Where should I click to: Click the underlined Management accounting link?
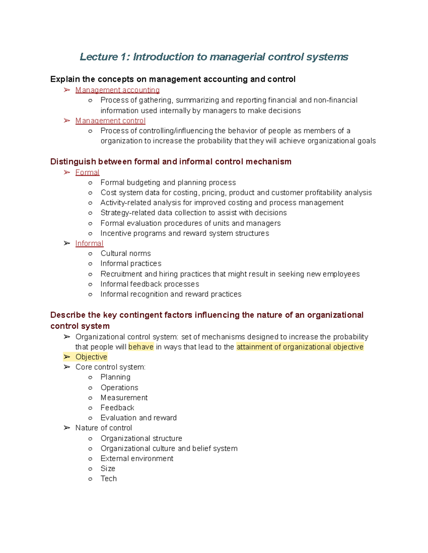point(117,90)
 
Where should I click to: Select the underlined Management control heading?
point(110,121)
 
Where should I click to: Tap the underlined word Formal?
point(87,172)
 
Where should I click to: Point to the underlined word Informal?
point(89,243)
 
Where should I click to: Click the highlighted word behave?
point(141,347)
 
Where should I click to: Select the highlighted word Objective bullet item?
point(91,357)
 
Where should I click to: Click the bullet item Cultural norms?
point(126,253)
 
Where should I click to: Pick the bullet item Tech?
point(108,479)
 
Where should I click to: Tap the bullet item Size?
point(108,469)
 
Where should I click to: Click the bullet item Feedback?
point(117,408)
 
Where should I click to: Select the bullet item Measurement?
point(124,398)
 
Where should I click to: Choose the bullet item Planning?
point(115,377)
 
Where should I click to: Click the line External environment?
point(137,459)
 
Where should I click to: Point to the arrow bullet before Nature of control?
point(67,428)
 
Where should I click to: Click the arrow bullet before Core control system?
point(67,367)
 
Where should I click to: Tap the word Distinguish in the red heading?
point(73,162)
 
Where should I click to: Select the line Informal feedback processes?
point(149,284)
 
